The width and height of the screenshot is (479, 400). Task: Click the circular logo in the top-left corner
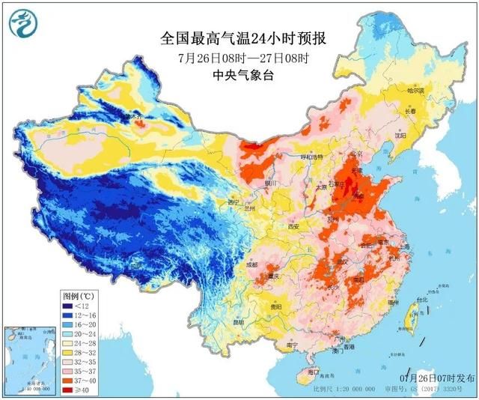(22, 23)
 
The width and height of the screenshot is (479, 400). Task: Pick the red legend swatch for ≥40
(69, 390)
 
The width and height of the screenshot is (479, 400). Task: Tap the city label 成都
(251, 264)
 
